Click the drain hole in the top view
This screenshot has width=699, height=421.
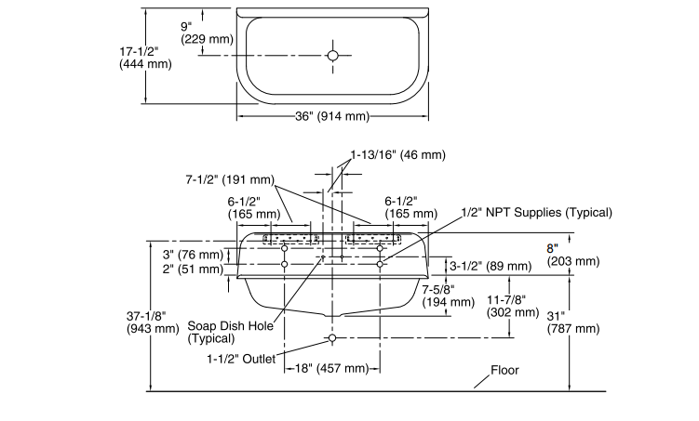coord(332,55)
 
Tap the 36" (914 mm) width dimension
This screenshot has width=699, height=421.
coord(332,116)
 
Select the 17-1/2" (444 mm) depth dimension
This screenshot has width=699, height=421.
coord(145,58)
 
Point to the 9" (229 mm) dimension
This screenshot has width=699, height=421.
coord(207,33)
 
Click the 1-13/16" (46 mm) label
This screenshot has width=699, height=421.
coord(397,155)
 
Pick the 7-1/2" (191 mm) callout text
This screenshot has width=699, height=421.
coord(230,179)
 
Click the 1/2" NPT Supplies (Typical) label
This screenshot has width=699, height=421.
coord(537,212)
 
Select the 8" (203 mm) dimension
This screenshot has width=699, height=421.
coord(573,255)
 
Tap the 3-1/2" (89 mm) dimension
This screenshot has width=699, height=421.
coord(491,266)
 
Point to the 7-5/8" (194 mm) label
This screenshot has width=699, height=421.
coord(449,296)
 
